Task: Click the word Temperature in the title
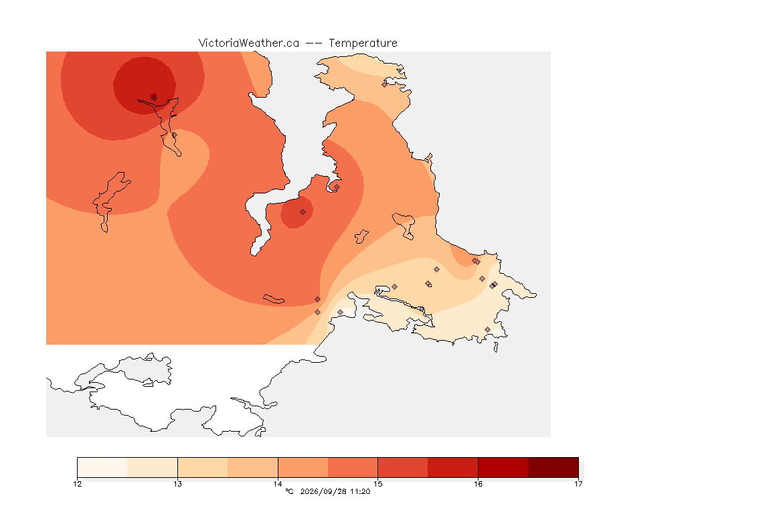point(363,44)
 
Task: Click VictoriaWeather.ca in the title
point(249,44)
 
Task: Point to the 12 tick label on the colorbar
point(78,484)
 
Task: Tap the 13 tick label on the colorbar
point(177,484)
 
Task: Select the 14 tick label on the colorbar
point(278,484)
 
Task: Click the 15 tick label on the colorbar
point(377,484)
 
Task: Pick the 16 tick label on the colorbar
point(478,484)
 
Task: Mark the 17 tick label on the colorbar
point(578,484)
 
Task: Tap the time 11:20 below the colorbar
point(360,491)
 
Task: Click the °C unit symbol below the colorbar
point(289,491)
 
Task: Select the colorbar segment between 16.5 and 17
point(553,467)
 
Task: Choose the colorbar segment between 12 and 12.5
point(102,467)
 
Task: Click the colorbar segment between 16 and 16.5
point(503,467)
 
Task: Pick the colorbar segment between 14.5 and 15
point(353,467)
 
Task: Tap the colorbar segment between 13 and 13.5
point(203,467)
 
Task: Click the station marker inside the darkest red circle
point(154,98)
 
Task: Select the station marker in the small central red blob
point(303,211)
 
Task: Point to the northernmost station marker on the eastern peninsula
point(385,84)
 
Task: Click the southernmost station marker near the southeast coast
point(487,329)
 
